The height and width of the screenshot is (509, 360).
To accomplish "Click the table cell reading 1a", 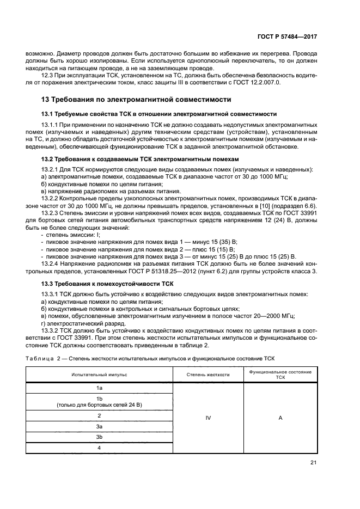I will click(x=99, y=388).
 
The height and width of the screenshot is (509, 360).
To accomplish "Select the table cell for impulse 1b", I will click(x=99, y=402).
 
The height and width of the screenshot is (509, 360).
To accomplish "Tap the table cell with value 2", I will click(x=99, y=415).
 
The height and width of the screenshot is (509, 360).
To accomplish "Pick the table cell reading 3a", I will click(x=99, y=426).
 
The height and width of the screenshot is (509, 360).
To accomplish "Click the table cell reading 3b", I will click(x=99, y=437).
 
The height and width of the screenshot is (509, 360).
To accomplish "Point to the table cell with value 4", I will click(x=99, y=448).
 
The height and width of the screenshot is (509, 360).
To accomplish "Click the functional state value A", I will click(x=280, y=418).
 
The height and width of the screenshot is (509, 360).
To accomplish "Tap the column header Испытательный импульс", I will click(x=99, y=375).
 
